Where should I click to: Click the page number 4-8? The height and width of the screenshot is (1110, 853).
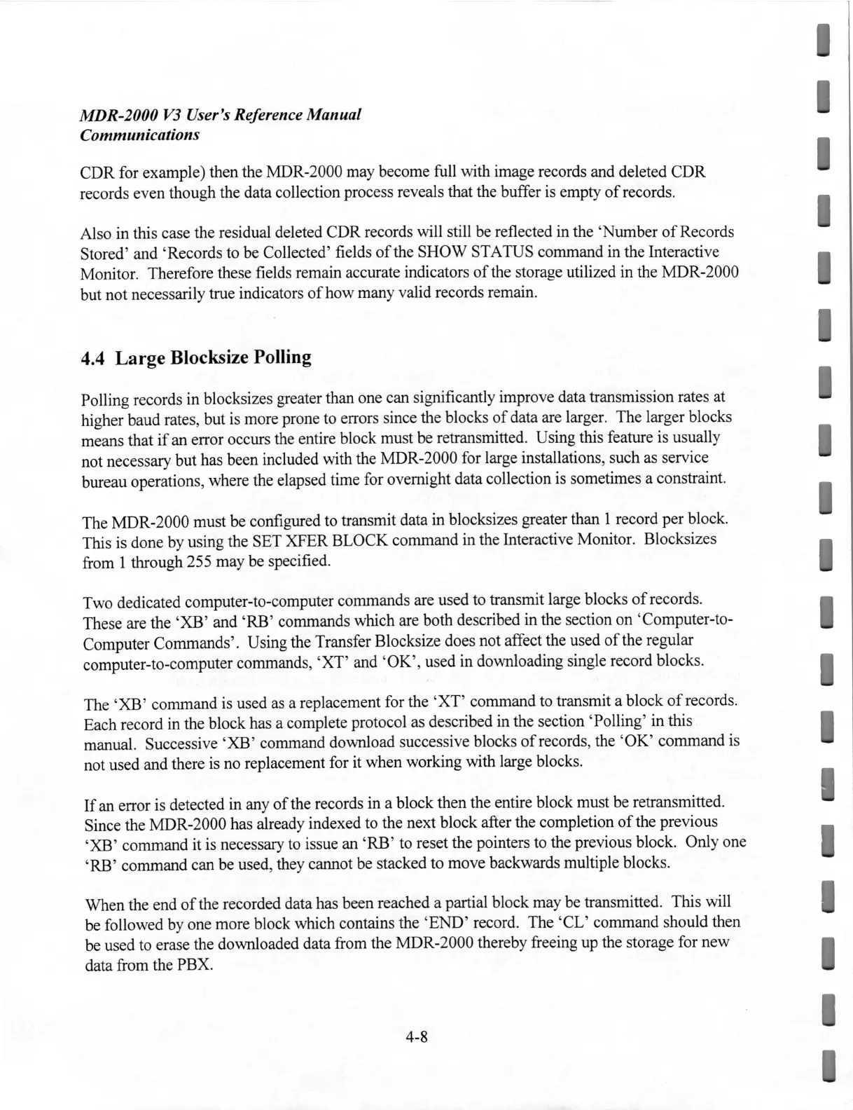pos(415,1038)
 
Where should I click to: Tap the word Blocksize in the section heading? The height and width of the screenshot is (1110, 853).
pos(203,358)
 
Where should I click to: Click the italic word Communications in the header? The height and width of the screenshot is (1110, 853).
pos(139,134)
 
